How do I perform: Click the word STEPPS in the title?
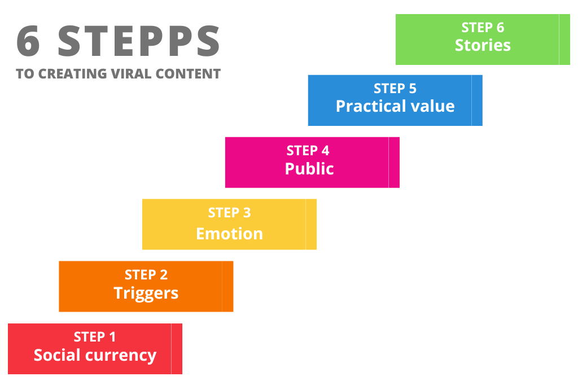pos(139,41)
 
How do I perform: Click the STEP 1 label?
pos(95,337)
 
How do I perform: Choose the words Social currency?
pos(95,355)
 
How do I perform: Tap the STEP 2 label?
pos(146,275)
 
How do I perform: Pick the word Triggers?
pos(146,293)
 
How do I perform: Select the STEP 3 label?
pos(229,213)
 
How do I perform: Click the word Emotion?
pos(229,233)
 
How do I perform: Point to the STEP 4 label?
pos(308,151)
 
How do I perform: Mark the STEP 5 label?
pos(395,89)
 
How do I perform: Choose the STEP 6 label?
pos(483,27)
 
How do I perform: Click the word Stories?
pos(483,45)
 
